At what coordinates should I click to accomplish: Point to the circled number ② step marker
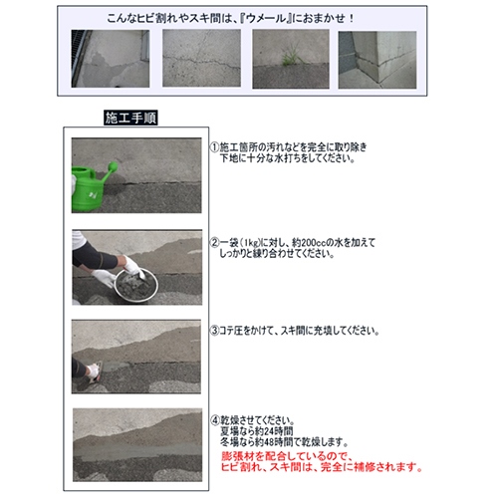pos(213,240)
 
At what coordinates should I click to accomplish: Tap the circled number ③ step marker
pos(213,329)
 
